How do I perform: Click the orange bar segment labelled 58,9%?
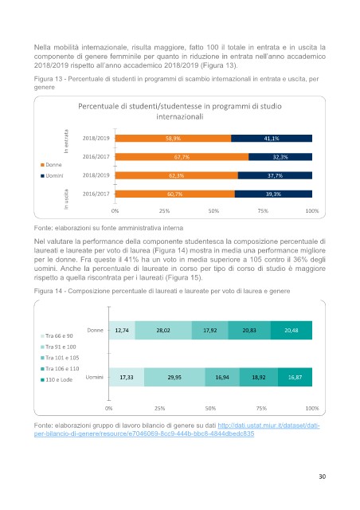[x=173, y=138]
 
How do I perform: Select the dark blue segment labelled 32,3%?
[x=280, y=157]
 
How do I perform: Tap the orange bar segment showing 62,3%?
[x=177, y=175]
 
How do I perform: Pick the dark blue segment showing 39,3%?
[x=273, y=194]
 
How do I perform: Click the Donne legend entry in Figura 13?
[x=51, y=165]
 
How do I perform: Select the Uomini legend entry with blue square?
[x=52, y=175]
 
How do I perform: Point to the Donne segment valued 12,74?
[x=122, y=330]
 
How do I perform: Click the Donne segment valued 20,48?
[x=292, y=330]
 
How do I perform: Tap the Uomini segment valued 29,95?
[x=174, y=377]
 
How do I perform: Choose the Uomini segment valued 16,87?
[x=295, y=377]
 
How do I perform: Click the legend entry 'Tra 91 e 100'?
[x=58, y=347]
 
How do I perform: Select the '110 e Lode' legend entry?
[x=57, y=379]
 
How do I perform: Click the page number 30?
[x=322, y=477]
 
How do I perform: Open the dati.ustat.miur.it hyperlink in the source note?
[x=177, y=430]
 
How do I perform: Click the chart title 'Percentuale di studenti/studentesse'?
[x=180, y=106]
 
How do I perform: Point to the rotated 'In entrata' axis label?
[x=66, y=141]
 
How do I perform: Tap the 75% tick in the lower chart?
[x=261, y=408]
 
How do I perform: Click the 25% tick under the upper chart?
[x=164, y=210]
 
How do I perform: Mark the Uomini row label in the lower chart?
[x=94, y=377]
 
